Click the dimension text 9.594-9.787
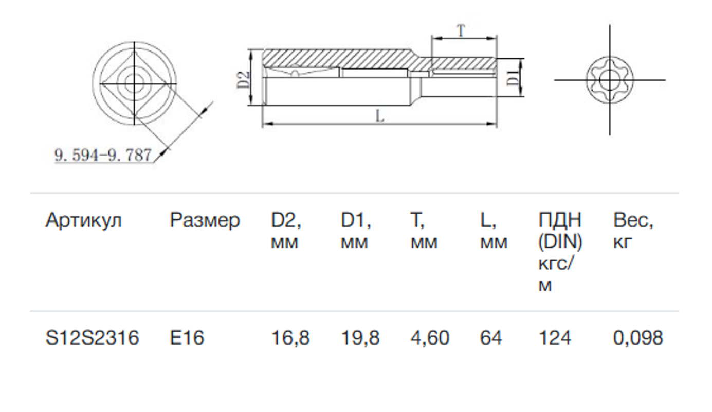103,154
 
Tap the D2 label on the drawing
243,79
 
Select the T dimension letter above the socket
461,31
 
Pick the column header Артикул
84,220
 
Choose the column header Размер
205,220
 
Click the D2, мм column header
286,231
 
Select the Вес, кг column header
633,231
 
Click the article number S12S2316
92,338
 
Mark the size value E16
187,338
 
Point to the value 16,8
290,338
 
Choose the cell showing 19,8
360,338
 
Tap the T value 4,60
430,338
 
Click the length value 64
491,338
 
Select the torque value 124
555,338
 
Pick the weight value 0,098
638,338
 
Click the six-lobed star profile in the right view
609,80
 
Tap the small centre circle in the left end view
135,82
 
